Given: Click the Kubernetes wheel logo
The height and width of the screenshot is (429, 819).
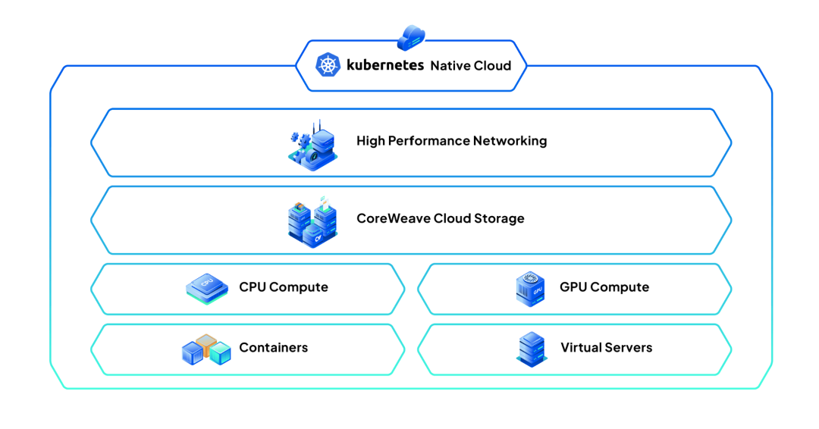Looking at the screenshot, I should tap(328, 65).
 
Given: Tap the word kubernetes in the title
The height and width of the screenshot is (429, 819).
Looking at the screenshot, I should tap(385, 65).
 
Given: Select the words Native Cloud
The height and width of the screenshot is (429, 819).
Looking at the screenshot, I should tap(471, 66).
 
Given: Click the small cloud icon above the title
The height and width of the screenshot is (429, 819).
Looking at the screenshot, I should tap(411, 36).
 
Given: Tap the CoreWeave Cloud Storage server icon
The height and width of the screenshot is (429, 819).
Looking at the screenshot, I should tap(312, 221).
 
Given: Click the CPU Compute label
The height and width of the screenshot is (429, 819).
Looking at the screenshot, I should tap(284, 287).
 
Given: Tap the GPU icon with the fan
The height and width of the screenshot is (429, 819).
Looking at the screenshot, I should tap(530, 289).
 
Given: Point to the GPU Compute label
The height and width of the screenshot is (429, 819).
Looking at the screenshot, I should tap(604, 287).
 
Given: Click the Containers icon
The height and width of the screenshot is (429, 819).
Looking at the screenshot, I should tap(206, 350).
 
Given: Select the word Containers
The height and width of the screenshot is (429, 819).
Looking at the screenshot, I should tap(274, 348).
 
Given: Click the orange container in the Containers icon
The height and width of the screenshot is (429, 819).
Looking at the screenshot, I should tap(206, 343).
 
